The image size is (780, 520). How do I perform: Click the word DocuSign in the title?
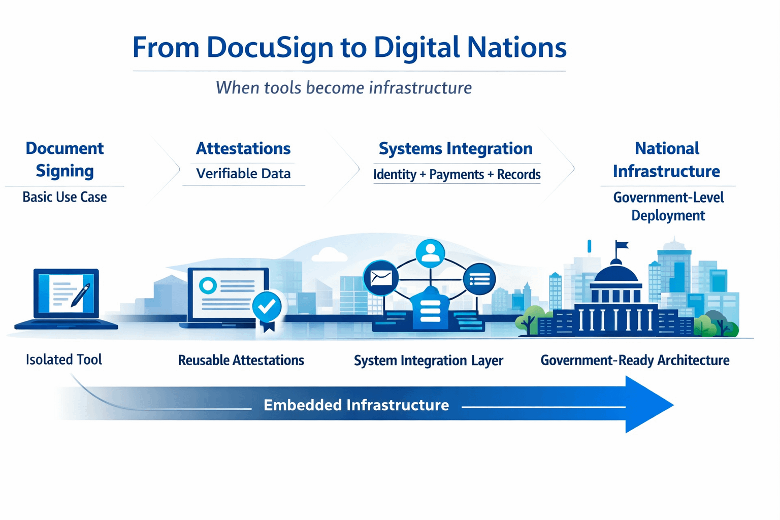pos(270,48)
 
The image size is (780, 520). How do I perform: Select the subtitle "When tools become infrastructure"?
pos(344,88)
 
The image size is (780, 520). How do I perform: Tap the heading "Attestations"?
pos(243,149)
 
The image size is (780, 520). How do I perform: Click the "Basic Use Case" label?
pos(64,197)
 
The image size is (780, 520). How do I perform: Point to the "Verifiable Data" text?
pos(243,174)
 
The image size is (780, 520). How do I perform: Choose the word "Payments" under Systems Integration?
pos(456,175)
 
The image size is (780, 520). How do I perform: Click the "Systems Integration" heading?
pos(456,149)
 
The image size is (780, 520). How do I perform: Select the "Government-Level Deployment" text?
pos(668,206)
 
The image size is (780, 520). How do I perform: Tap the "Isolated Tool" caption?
pos(64,360)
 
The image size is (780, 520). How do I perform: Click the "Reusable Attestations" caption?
pos(241,361)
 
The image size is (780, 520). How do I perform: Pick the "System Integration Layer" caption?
pos(428,361)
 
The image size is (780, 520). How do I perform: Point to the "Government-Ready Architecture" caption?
pos(635,361)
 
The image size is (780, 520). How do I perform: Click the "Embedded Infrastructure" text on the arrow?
pos(356,405)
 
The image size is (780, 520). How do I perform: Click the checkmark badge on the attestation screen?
pos(267,306)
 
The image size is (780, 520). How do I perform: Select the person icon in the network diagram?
pos(430,252)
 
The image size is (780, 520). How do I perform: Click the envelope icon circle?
pos(381,277)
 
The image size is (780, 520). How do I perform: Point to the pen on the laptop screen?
pos(80,295)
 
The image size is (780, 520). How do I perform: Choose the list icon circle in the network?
pos(479,279)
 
